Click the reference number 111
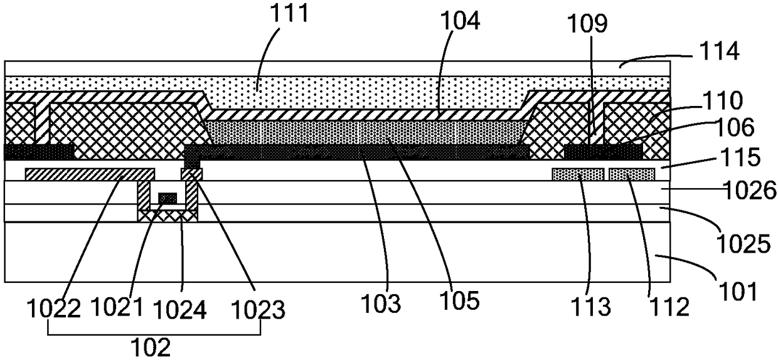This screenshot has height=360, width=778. click(x=289, y=13)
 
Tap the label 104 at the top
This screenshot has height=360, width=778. click(x=460, y=21)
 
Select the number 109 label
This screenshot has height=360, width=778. click(x=587, y=24)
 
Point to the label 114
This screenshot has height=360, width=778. click(x=719, y=51)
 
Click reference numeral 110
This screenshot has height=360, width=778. click(x=722, y=101)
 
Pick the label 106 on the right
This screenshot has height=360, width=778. click(x=734, y=127)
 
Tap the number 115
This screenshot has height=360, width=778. click(x=740, y=157)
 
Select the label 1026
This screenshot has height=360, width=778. click(x=750, y=189)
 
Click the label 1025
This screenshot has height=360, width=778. click(x=744, y=244)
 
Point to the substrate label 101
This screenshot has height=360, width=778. click(x=738, y=291)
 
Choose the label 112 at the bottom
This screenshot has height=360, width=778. click(x=669, y=307)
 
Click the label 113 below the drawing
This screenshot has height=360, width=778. click(x=591, y=307)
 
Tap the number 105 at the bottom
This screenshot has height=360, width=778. click(x=459, y=300)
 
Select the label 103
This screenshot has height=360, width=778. click(x=381, y=303)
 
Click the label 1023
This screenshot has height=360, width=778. click(x=258, y=310)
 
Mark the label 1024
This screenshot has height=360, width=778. click(x=180, y=309)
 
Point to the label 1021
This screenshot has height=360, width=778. click(x=117, y=307)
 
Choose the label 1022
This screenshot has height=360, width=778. click(x=54, y=309)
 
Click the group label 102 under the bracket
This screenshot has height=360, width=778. click(x=151, y=347)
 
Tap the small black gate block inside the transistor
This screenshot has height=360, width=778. click(x=168, y=198)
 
